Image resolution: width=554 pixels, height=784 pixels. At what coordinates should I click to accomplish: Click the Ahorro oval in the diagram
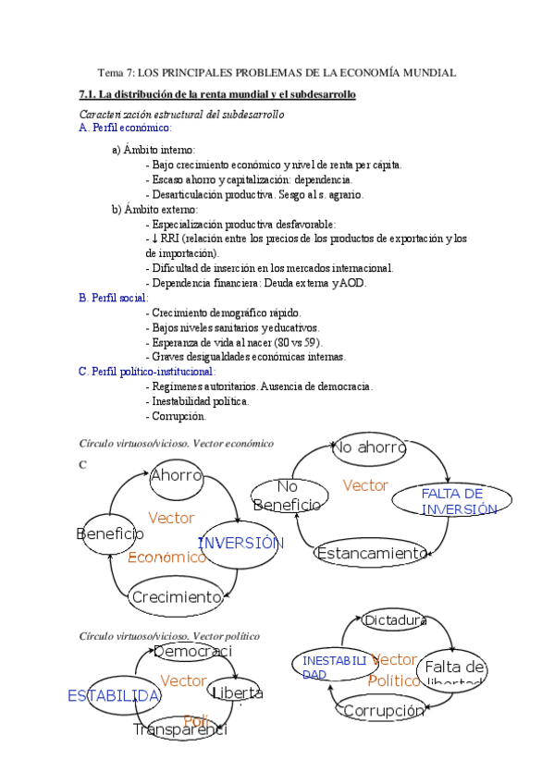tap(176, 476)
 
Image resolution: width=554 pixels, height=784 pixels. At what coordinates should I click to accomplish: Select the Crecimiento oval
tap(177, 596)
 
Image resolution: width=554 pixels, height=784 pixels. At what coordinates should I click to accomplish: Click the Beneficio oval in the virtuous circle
tap(110, 533)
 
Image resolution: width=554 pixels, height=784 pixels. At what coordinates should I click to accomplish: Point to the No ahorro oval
tap(368, 447)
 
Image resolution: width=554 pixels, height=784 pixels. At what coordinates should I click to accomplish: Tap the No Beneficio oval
tap(288, 496)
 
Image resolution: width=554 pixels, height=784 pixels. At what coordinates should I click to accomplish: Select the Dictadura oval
tap(394, 620)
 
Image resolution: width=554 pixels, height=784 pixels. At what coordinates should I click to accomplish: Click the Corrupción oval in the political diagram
tap(383, 710)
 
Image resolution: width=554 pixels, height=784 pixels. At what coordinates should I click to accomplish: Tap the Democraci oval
tap(192, 653)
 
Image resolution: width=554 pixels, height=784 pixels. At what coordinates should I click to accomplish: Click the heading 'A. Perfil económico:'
tap(126, 128)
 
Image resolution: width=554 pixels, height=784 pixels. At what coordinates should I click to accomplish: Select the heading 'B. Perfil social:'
tap(116, 298)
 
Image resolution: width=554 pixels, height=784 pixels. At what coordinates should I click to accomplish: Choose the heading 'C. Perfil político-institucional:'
tap(154, 371)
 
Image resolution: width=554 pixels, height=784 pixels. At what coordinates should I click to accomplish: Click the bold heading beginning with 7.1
tap(217, 94)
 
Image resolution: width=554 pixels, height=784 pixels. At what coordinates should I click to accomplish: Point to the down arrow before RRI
tap(149, 239)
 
